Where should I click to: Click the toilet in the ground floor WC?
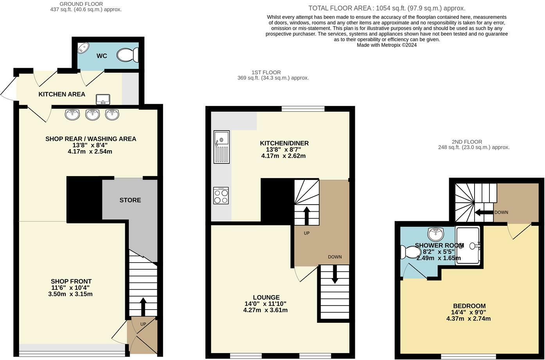coord(128,55)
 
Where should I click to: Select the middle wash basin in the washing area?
coord(92,114)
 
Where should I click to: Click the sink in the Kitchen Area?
coord(103,99)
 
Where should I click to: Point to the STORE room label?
coord(130,200)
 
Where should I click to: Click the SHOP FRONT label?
coord(71,281)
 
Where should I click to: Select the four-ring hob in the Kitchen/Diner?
coord(221,196)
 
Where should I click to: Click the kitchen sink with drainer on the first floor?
coord(221,147)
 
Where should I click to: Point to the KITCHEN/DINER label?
coord(284,143)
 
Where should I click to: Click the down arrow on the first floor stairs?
coord(335,274)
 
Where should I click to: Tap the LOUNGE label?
coord(266,297)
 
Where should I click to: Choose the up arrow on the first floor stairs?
coord(306,215)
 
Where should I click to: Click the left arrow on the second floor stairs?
coord(483,212)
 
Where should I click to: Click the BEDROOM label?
coord(469,306)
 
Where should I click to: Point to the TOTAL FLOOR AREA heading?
coord(387,8)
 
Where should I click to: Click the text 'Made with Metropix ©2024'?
coord(387,45)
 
